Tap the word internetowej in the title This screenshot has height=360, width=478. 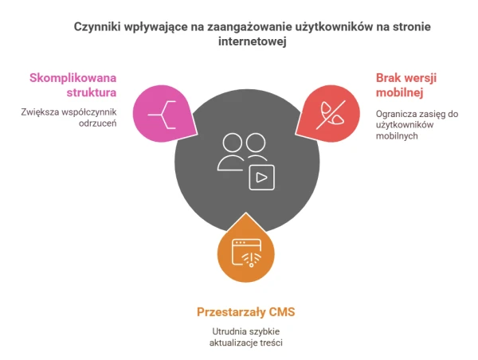point(253,41)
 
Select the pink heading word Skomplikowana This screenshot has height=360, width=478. point(72,78)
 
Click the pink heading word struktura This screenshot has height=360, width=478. point(92,92)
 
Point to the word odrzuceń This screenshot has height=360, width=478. point(97,123)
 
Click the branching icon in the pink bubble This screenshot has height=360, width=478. point(162,115)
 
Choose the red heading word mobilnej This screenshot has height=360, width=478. point(400,92)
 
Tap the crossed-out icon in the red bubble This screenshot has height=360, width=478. point(331,115)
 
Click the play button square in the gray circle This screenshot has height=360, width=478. point(262,178)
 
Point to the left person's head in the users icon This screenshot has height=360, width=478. point(233,143)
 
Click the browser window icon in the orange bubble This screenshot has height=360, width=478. point(247,253)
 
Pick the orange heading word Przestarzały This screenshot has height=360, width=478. point(231,312)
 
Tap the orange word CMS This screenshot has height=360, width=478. point(282,312)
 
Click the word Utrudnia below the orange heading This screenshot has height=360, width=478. point(229,331)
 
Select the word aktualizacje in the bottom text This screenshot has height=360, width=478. point(234,342)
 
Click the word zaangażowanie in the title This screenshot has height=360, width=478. point(249,27)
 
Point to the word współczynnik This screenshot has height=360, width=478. point(88,112)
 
